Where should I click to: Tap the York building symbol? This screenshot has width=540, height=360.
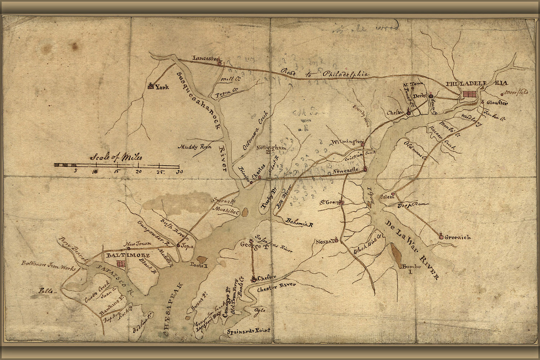151,86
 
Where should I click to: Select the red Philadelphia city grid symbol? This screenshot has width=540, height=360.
469,94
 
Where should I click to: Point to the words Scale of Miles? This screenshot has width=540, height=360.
116,157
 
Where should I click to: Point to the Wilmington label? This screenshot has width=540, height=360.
346,141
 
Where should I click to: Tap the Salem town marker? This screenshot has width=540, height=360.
393,194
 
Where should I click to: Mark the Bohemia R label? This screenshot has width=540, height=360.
299,222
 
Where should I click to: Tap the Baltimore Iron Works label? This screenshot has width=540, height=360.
48,268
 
